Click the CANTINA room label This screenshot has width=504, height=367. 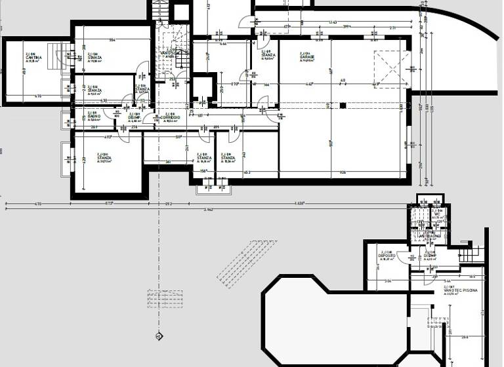click(33, 58)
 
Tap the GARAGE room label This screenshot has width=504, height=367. click(307, 58)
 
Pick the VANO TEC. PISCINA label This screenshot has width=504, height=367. click(460, 290)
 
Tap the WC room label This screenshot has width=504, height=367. click(436, 214)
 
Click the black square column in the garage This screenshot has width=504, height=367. click(342, 105)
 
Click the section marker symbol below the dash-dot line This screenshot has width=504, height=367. click(158, 337)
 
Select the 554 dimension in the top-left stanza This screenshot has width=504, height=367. click(112, 41)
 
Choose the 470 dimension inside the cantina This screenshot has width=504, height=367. click(37, 97)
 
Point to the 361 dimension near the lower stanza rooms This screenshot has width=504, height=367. click(167, 161)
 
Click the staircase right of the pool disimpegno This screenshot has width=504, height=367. click(467, 251)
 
